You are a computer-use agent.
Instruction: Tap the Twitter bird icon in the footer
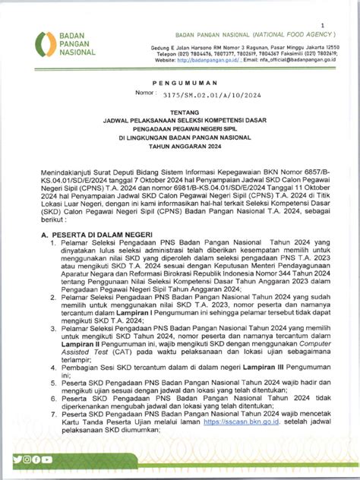click(x=17, y=459)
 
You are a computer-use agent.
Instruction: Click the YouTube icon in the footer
click(x=46, y=459)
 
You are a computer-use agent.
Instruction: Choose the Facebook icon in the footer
click(x=36, y=459)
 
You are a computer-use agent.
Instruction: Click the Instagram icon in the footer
click(x=27, y=459)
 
